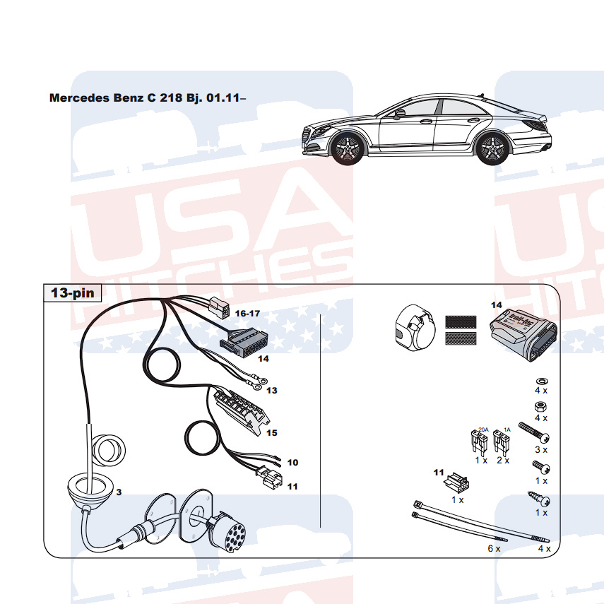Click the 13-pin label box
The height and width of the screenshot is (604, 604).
[x=72, y=292]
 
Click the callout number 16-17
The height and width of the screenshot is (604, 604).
[x=248, y=312]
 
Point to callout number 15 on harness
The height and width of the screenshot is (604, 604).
[x=271, y=433]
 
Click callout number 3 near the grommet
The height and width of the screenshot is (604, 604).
[x=119, y=492]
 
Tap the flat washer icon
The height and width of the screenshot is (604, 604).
[x=541, y=379]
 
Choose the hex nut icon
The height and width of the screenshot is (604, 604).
[x=541, y=408]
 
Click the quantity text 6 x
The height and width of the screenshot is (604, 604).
[x=493, y=547]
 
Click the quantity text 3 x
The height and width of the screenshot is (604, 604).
[x=541, y=449]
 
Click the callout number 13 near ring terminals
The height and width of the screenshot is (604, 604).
[x=272, y=390]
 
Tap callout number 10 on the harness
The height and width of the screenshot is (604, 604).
[x=292, y=463]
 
